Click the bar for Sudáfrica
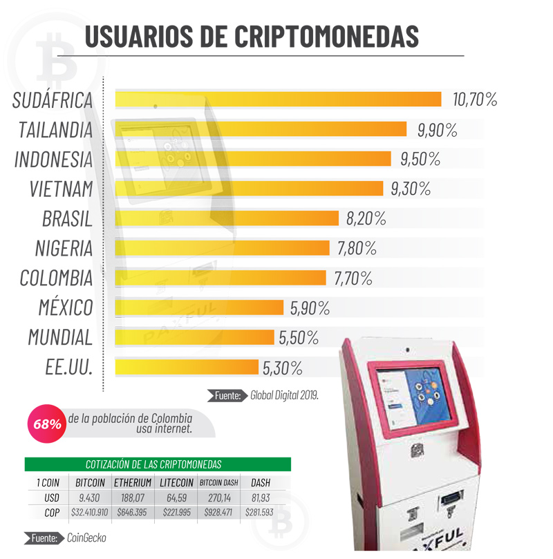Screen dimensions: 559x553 coord(276,100)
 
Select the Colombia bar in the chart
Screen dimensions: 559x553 coord(220,278)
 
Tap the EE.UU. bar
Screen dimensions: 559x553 coord(187,367)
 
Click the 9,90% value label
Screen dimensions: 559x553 coord(437,129)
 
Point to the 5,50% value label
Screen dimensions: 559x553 coord(299,338)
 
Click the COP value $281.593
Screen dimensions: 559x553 coord(260,513)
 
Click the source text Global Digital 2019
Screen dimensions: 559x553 coord(284,396)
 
